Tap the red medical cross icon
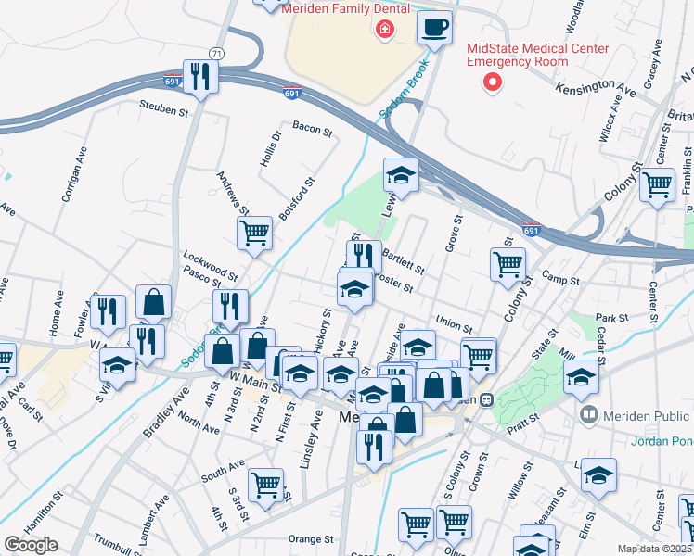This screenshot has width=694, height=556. (383, 32)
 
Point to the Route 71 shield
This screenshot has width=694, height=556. (216, 54)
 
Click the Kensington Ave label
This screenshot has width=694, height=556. (596, 86)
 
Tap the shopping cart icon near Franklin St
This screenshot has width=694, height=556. (658, 183)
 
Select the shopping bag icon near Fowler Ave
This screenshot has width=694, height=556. (153, 300)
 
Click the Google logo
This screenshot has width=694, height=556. (31, 545)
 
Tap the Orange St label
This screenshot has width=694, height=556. (310, 538)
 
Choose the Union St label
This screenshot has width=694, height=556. (454, 324)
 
